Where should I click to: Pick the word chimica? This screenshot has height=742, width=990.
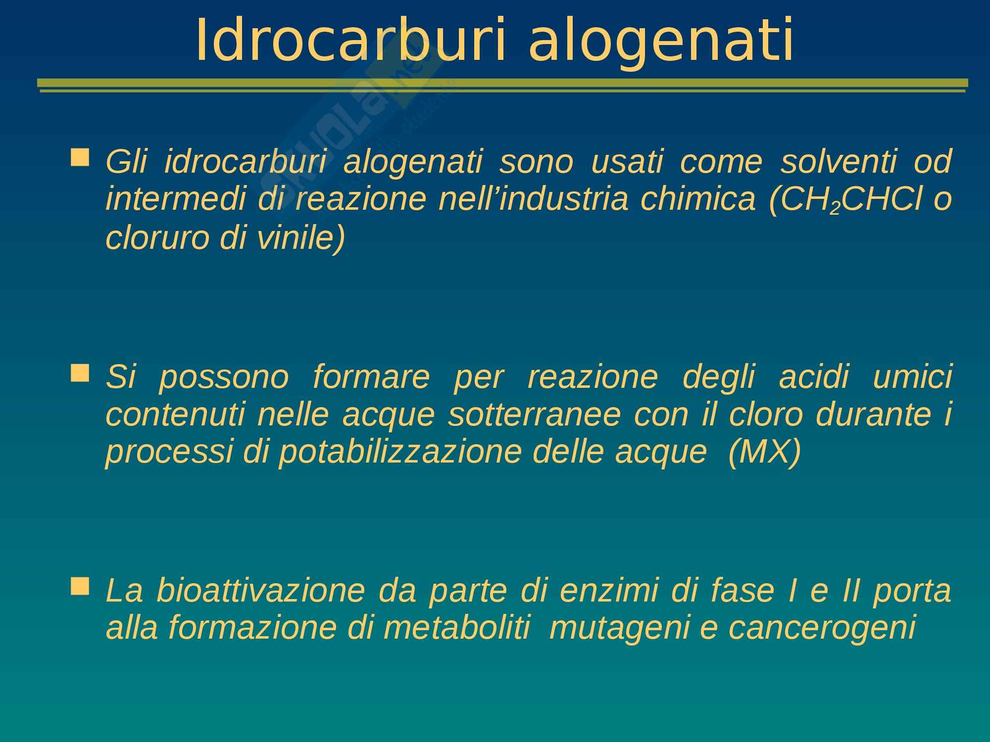[x=698, y=199]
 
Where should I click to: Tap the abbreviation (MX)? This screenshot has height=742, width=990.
[x=765, y=453]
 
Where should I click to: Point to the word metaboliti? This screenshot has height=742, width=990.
[x=456, y=628]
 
